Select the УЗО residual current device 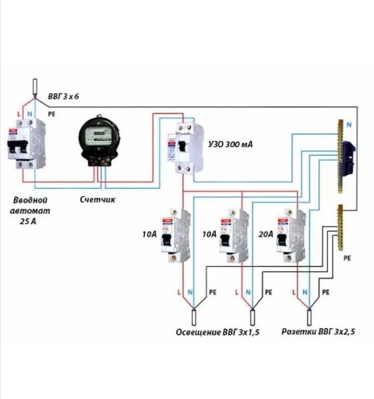[x=185, y=148]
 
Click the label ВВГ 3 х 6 [x=63, y=97]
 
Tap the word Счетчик [x=98, y=199]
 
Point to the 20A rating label [x=265, y=235]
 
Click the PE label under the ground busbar [x=348, y=258]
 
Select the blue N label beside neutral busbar [x=349, y=125]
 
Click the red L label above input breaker [x=19, y=113]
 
